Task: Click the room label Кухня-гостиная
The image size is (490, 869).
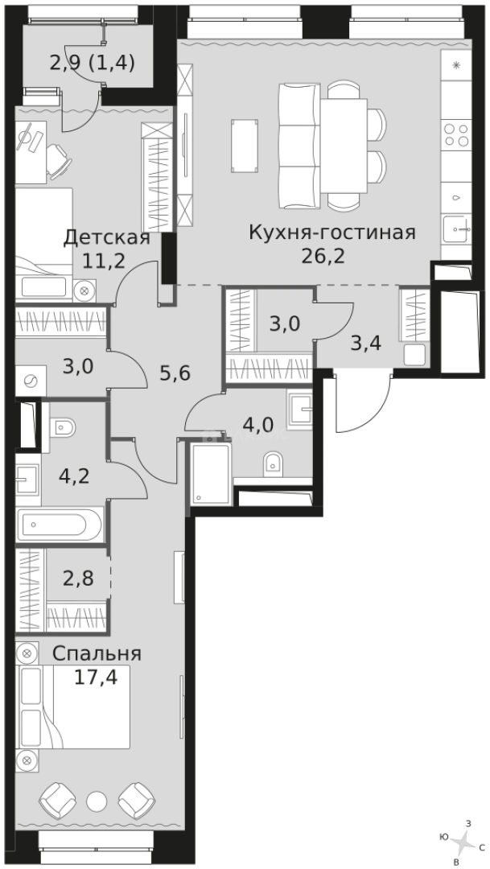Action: (331, 233)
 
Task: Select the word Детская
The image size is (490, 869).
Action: (107, 237)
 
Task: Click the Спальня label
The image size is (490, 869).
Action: (97, 653)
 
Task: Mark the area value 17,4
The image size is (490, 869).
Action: (96, 677)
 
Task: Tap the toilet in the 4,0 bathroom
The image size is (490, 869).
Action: (273, 462)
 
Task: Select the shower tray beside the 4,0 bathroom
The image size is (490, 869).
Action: (211, 475)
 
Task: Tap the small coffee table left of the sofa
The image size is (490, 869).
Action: (244, 146)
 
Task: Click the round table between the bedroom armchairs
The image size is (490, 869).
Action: (97, 800)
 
